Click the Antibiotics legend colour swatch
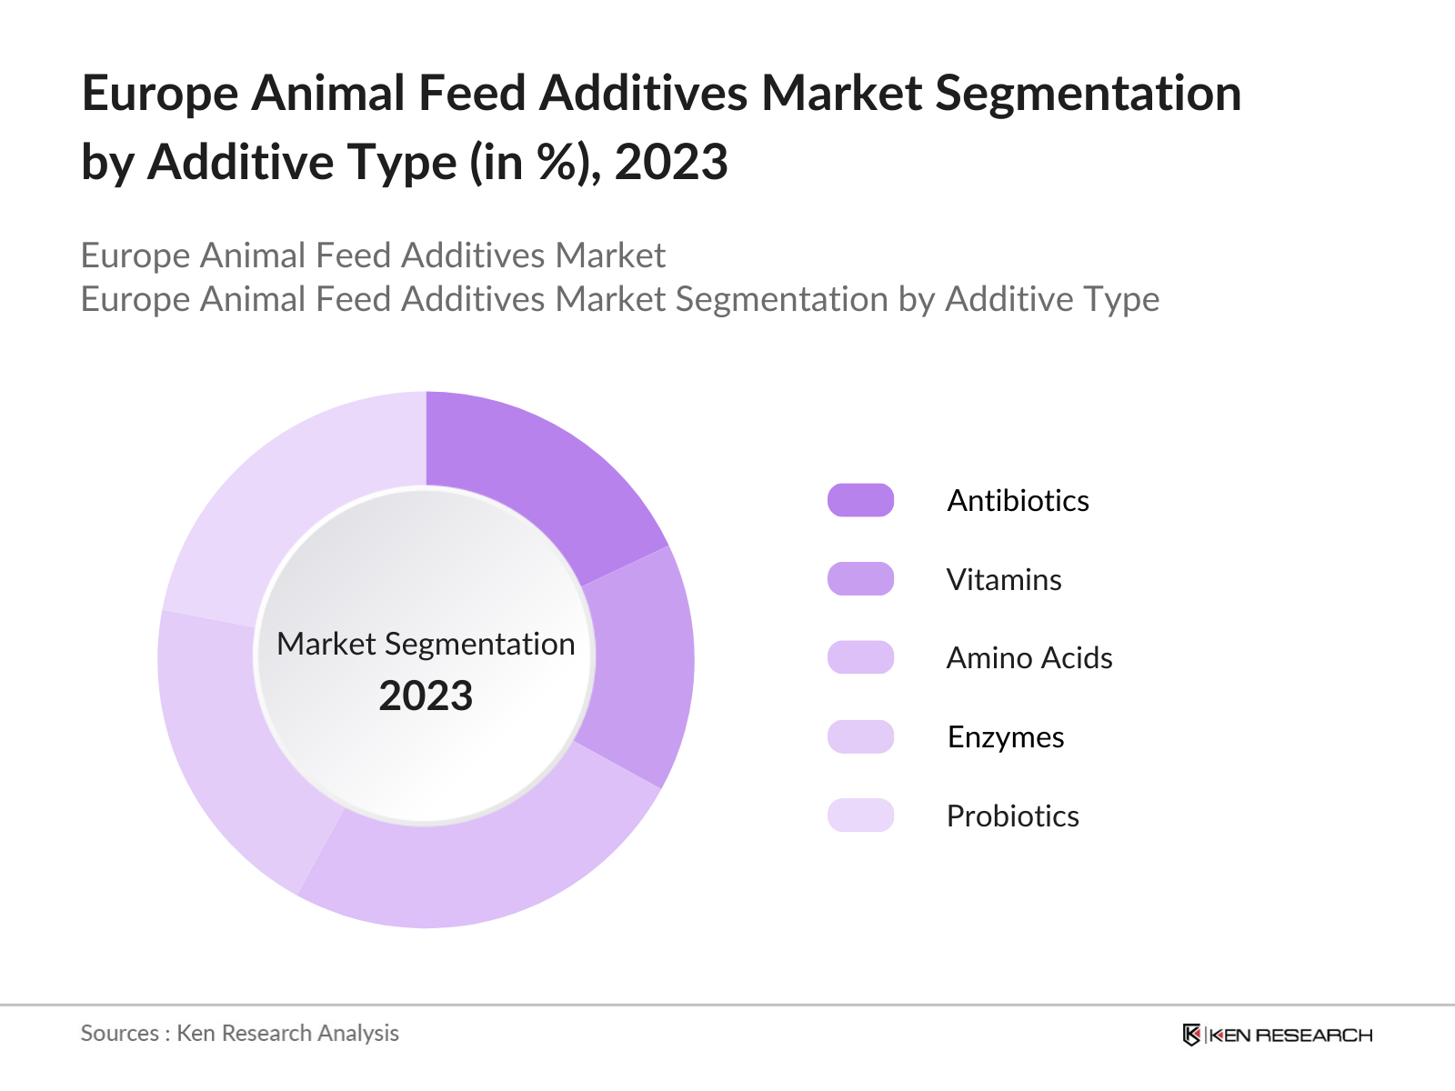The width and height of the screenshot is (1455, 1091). click(860, 500)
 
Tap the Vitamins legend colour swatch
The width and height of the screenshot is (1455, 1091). click(860, 579)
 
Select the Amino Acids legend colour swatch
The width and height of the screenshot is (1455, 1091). click(860, 657)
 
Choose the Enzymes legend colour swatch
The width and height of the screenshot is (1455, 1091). click(860, 736)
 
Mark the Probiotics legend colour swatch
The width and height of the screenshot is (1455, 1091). click(860, 816)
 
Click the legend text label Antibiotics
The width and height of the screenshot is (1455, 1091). click(1018, 501)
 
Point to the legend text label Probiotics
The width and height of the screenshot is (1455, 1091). click(1012, 816)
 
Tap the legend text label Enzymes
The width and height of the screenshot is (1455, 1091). click(1005, 737)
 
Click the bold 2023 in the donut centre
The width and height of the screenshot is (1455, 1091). click(426, 696)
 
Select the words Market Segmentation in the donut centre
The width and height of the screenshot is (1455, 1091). click(426, 644)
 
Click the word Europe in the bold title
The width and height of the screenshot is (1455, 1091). click(160, 95)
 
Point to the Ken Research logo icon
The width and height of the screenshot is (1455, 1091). click(1191, 1035)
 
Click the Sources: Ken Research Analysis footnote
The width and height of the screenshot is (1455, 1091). click(240, 1034)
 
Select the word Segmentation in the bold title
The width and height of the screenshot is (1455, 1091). click(1088, 95)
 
